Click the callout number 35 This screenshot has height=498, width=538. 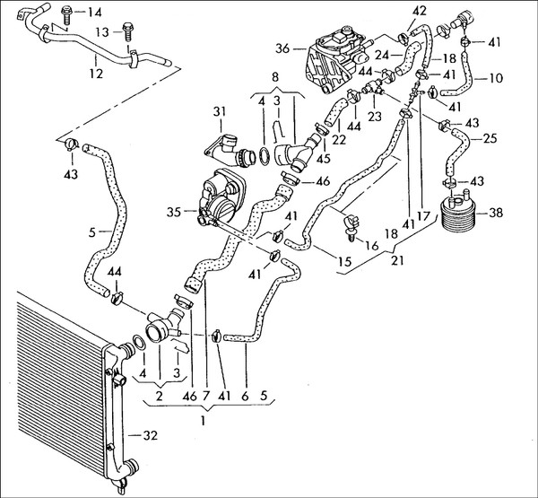tap(175, 214)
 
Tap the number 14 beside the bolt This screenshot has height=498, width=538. tap(95, 12)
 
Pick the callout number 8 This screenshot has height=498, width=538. tap(275, 76)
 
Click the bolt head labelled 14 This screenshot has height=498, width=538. tap(68, 13)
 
